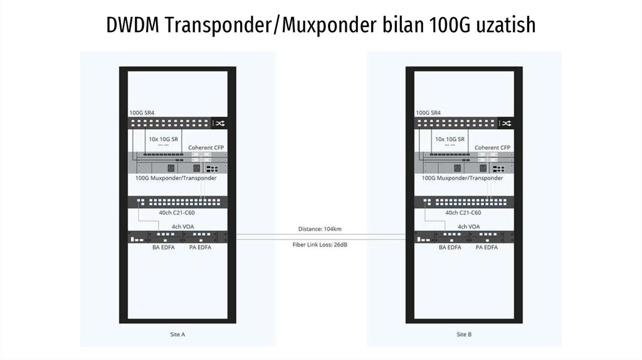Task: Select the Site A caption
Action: coord(177,334)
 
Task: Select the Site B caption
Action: coord(465,334)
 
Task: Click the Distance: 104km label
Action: coord(320,229)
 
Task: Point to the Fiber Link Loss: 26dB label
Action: coord(320,244)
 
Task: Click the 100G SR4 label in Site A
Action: coord(142,113)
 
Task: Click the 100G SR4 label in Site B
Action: coord(429,113)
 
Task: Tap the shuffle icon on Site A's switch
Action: coord(220,124)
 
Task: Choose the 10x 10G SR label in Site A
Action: coord(162,139)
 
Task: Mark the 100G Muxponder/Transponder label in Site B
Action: coord(463,178)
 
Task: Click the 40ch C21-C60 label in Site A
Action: coord(177,213)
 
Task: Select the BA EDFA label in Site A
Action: coord(163,247)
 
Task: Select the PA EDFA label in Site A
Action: coord(199,247)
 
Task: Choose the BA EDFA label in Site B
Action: coord(450,247)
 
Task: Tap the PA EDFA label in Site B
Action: coord(487,247)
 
